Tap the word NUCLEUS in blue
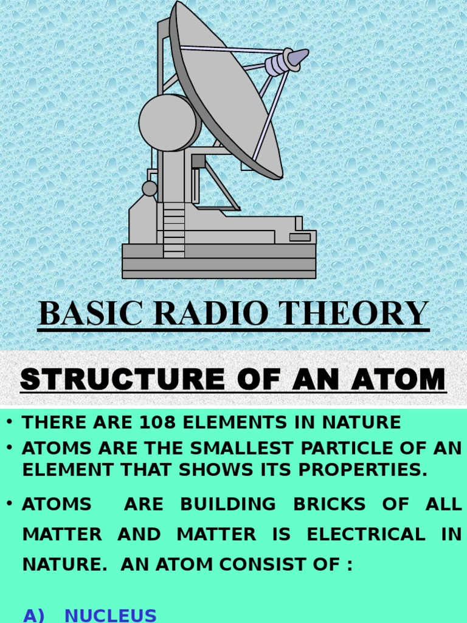click(x=110, y=615)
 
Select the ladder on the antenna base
click(x=174, y=229)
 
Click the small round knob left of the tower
click(x=150, y=188)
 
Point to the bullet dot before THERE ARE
click(x=10, y=422)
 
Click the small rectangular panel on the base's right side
click(x=300, y=237)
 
